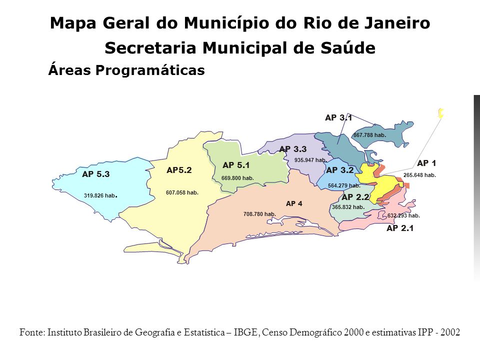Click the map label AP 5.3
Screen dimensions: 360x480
[95, 174]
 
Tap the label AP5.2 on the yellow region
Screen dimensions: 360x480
[179, 170]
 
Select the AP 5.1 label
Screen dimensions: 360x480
[236, 165]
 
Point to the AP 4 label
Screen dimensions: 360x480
[295, 203]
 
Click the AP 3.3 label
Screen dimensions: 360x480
[293, 149]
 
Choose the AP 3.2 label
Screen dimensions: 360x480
[340, 170]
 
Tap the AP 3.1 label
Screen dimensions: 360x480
[338, 118]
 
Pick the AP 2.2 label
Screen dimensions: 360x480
[355, 197]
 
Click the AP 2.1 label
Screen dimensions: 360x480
[401, 229]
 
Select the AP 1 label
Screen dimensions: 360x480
[426, 163]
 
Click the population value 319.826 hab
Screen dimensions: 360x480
[101, 196]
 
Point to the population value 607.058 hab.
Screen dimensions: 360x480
[182, 192]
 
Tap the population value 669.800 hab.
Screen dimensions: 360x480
[237, 177]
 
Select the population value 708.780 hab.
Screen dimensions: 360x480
[260, 214]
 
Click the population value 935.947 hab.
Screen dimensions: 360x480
[310, 160]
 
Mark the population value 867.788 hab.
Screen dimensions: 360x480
[369, 135]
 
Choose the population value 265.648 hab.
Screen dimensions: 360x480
[419, 175]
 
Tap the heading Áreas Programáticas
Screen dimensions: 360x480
[126, 70]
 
